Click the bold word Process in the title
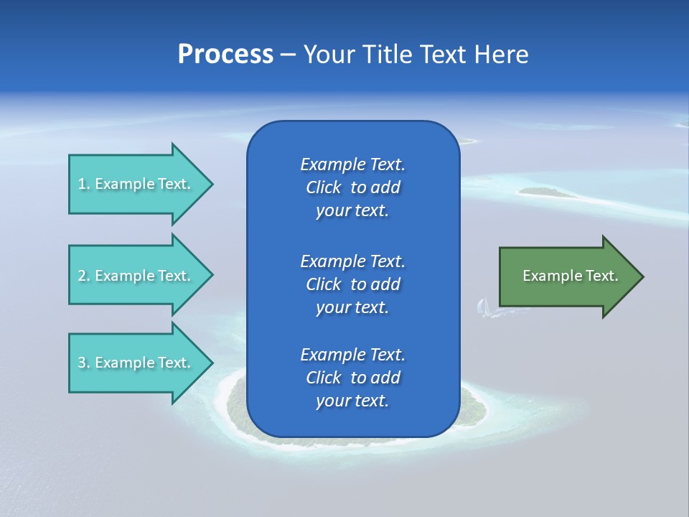click(225, 55)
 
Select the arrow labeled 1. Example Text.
click(136, 184)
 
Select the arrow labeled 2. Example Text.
click(136, 276)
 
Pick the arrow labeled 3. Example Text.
click(136, 363)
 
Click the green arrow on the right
click(567, 276)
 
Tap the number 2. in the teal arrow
click(84, 276)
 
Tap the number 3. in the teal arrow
click(84, 363)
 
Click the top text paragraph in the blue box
click(352, 187)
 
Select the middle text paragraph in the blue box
click(352, 284)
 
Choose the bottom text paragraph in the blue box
click(352, 378)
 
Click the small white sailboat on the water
click(483, 307)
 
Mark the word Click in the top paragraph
click(324, 187)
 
